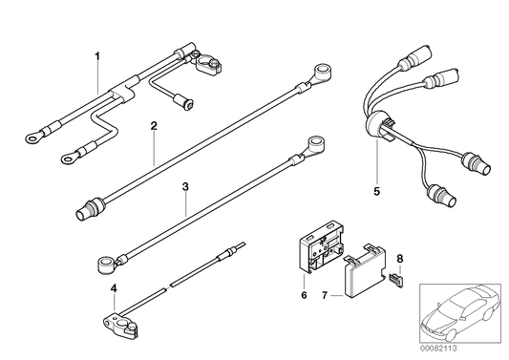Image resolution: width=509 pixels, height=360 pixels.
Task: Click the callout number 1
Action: (x=97, y=56)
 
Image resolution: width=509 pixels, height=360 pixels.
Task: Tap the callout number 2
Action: (x=154, y=126)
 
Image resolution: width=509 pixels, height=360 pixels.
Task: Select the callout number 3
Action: (x=185, y=186)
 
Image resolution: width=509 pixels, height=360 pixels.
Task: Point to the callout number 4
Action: (x=114, y=288)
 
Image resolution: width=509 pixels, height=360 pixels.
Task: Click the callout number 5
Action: (x=376, y=191)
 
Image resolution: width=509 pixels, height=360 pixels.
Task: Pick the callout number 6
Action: (x=304, y=295)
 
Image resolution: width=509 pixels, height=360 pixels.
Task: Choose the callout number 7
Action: (x=325, y=295)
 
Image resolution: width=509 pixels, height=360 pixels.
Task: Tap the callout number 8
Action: (x=400, y=259)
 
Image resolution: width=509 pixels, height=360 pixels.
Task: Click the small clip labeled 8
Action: (x=396, y=280)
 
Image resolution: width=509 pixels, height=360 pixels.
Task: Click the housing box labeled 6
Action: (x=321, y=245)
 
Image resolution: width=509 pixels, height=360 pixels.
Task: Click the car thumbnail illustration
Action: (x=460, y=313)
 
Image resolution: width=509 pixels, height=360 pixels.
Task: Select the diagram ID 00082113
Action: (x=439, y=349)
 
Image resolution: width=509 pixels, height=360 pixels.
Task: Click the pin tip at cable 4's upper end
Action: (x=244, y=244)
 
